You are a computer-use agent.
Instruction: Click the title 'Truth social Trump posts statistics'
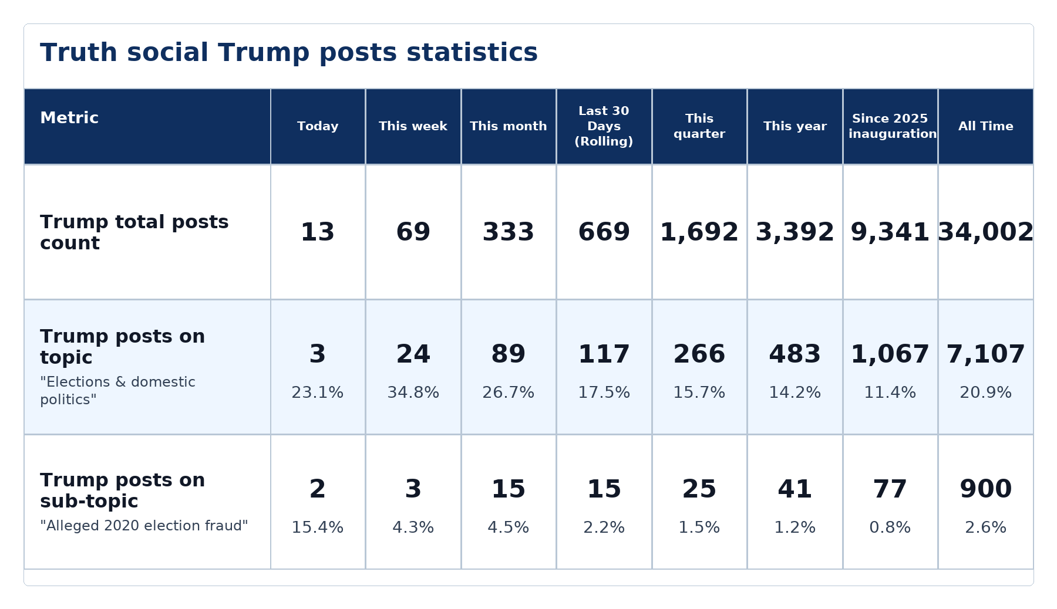click(x=289, y=53)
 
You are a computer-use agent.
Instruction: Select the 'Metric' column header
click(x=69, y=118)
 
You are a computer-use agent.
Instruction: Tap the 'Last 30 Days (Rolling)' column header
click(x=604, y=126)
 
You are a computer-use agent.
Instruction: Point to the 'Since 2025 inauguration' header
click(x=890, y=126)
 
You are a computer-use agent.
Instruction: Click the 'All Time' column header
click(x=985, y=126)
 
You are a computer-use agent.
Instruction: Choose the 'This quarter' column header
click(x=699, y=126)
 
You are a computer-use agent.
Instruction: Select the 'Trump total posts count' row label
click(x=134, y=232)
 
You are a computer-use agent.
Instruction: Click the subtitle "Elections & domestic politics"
click(x=117, y=391)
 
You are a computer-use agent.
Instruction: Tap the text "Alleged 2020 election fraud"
click(x=144, y=526)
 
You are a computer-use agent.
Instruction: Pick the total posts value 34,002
click(x=985, y=232)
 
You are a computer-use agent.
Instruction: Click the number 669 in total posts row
click(x=604, y=232)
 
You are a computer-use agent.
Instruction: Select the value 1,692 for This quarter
click(x=699, y=232)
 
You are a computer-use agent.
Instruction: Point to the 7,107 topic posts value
click(x=985, y=354)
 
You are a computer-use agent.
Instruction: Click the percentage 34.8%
click(x=413, y=393)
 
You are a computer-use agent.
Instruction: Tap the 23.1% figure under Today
click(x=318, y=393)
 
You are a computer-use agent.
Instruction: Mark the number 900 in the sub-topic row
click(x=985, y=489)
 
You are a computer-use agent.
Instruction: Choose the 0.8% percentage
click(x=890, y=527)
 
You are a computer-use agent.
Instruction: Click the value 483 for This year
click(x=795, y=354)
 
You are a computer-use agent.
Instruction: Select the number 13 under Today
click(x=318, y=232)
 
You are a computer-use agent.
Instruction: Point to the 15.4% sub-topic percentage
click(x=318, y=527)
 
